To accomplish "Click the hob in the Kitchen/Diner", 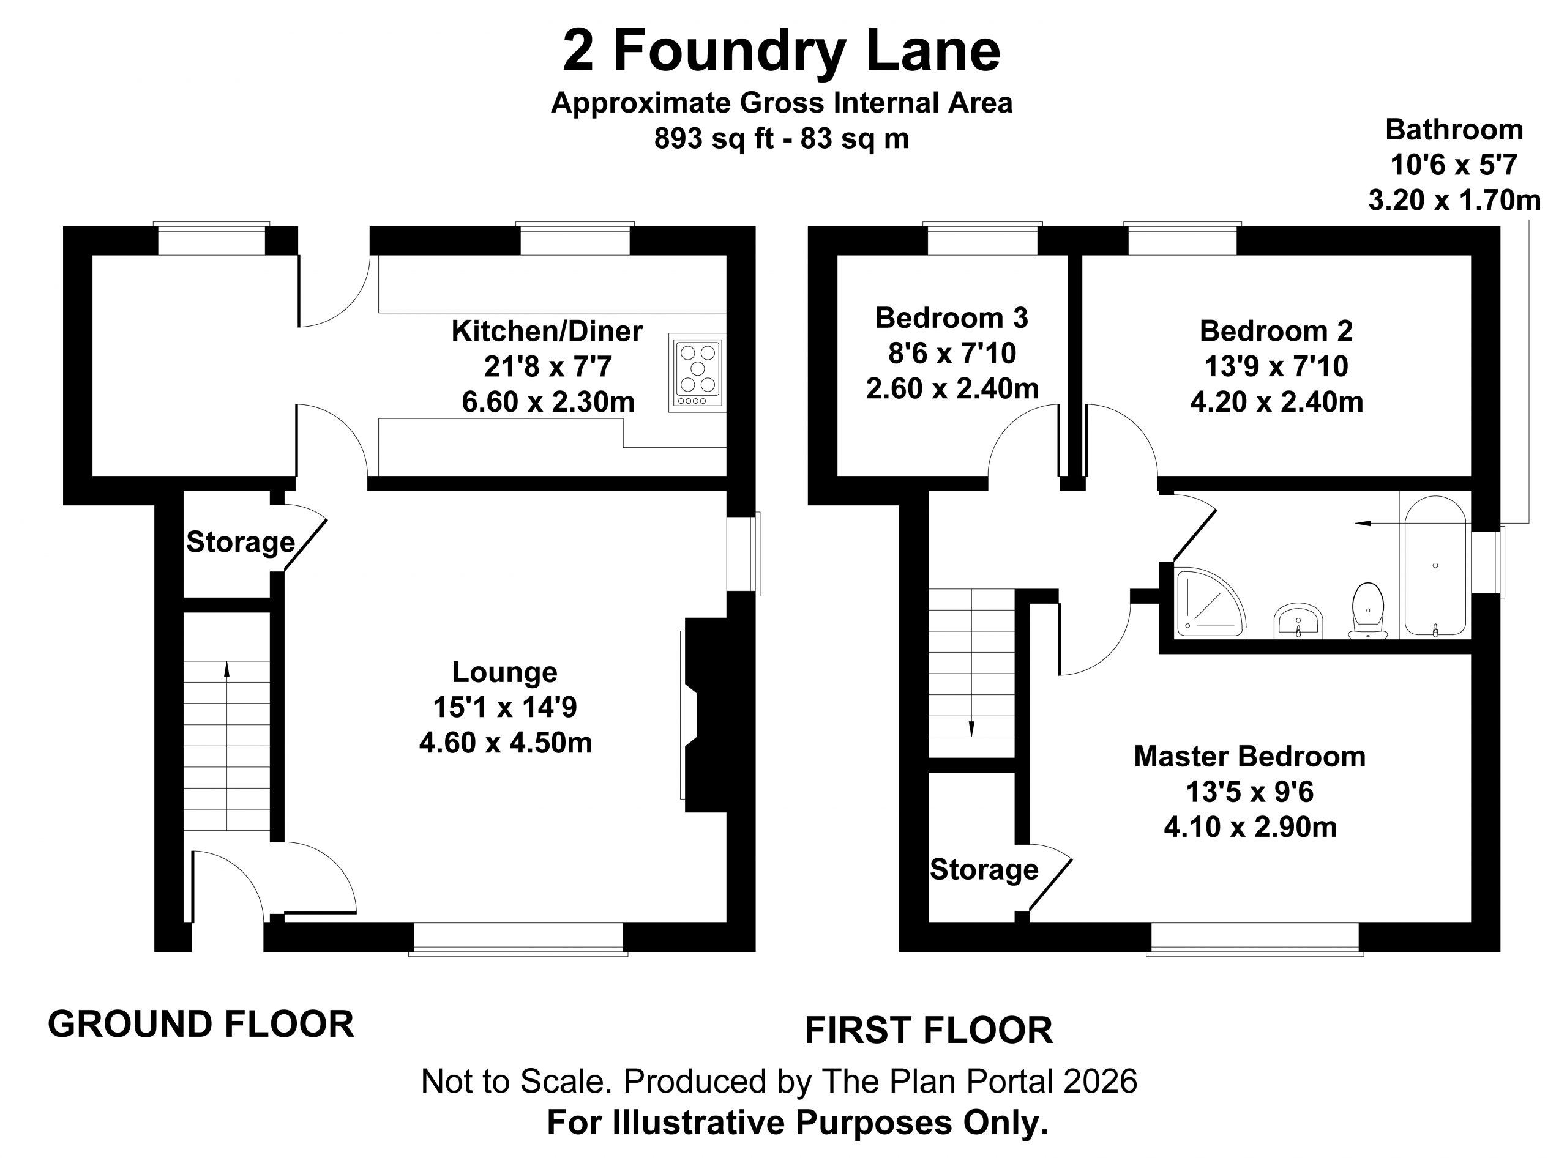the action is [697, 372].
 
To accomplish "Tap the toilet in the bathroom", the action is [1368, 611].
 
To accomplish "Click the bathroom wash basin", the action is [1298, 620].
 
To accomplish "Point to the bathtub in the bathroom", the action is [1435, 566].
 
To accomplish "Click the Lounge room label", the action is [504, 672].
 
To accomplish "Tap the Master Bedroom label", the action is [1250, 756].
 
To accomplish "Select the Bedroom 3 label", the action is [952, 317].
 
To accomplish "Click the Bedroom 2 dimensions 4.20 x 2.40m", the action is [1277, 402].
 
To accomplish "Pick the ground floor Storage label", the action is [240, 542].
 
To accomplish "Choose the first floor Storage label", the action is [984, 869].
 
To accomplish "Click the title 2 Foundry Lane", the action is [782, 51].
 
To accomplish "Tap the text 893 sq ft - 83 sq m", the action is [782, 138].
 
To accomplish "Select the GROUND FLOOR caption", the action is [201, 1024].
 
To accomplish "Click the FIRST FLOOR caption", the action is [928, 1030].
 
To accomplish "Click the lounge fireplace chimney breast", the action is [706, 715].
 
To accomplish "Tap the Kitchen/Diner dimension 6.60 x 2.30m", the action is [548, 402].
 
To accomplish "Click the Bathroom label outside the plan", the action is [1454, 130].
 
